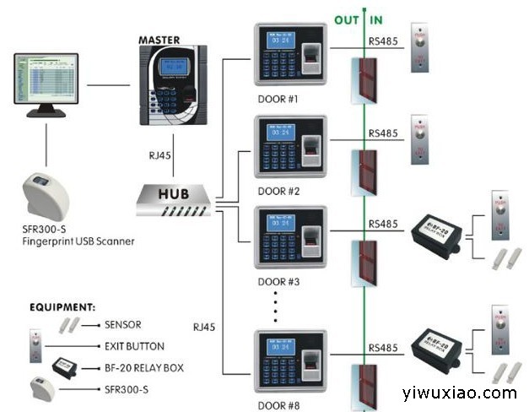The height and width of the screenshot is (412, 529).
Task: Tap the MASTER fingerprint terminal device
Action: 173,85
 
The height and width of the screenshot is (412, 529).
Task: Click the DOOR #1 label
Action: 279,99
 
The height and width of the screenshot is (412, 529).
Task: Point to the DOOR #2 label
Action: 279,190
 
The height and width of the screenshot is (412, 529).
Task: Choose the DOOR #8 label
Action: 279,405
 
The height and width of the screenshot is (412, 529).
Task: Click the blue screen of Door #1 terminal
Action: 280,40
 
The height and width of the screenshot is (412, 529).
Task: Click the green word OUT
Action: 348,19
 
